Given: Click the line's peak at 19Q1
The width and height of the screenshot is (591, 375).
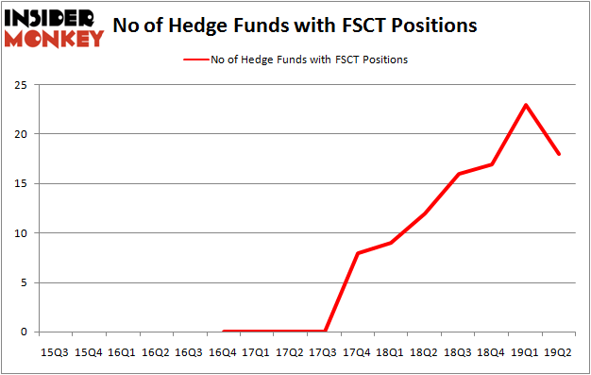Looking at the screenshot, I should [x=526, y=104].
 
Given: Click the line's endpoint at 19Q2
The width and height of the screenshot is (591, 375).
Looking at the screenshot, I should [x=560, y=154].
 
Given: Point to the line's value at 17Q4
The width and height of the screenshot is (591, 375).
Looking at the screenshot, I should [x=359, y=253].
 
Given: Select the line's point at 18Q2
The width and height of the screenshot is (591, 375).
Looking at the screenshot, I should [x=426, y=213].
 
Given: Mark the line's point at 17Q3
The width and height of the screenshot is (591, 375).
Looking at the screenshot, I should [x=326, y=332].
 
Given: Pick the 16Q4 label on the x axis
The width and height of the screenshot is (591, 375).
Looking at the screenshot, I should [x=224, y=352].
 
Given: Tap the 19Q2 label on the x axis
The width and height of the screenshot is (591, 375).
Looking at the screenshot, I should [x=560, y=352].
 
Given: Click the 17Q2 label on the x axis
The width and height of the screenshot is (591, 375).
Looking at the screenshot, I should [x=291, y=352].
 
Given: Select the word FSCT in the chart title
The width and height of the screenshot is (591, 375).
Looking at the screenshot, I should [x=366, y=26].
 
